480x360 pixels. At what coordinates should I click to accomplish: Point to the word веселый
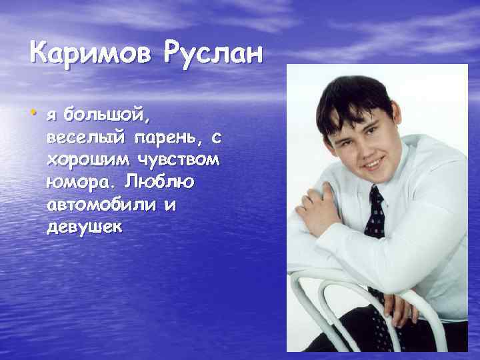87,139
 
